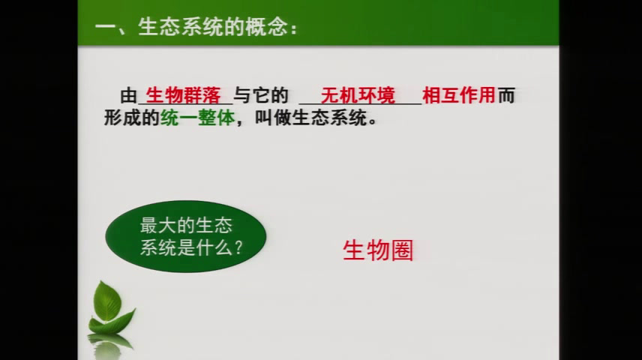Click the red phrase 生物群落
pyautogui.click(x=184, y=95)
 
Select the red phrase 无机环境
pyautogui.click(x=358, y=95)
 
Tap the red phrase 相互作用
pyautogui.click(x=459, y=95)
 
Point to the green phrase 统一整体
pyautogui.click(x=198, y=118)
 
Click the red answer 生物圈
pyautogui.click(x=378, y=250)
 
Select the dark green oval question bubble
pyautogui.click(x=186, y=236)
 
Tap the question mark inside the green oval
pyautogui.click(x=238, y=247)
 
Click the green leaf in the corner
pyautogui.click(x=109, y=308)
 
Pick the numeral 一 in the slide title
pyautogui.click(x=106, y=28)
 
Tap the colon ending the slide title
pyautogui.click(x=293, y=29)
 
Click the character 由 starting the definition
pyautogui.click(x=128, y=96)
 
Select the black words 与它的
pyautogui.click(x=261, y=95)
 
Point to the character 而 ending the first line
pyautogui.click(x=506, y=95)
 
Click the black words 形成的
pyautogui.click(x=131, y=118)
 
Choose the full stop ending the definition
pyautogui.click(x=372, y=122)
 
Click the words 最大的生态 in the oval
pyautogui.click(x=186, y=225)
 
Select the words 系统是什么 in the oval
pyautogui.click(x=186, y=247)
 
